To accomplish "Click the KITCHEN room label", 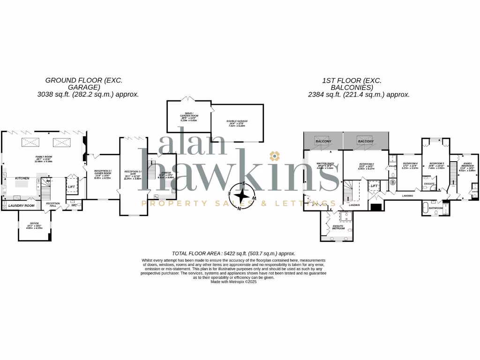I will pyautogui.click(x=22, y=179).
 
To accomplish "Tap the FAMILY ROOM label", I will pyautogui.click(x=43, y=157).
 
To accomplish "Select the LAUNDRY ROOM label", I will pyautogui.click(x=22, y=205).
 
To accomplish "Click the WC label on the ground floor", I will pyautogui.click(x=74, y=205).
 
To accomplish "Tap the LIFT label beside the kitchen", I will pyautogui.click(x=71, y=187).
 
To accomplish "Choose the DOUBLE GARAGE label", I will pyautogui.click(x=238, y=121).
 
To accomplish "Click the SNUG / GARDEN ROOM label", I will pyautogui.click(x=188, y=115).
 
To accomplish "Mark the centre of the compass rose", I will pyautogui.click(x=242, y=195).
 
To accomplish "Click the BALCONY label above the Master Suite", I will pyautogui.click(x=323, y=141).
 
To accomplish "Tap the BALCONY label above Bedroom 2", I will pyautogui.click(x=366, y=141).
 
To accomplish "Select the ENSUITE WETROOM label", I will pyautogui.click(x=338, y=227).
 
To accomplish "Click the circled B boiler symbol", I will pyautogui.click(x=392, y=182).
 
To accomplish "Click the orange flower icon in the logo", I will pyautogui.click(x=274, y=155).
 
